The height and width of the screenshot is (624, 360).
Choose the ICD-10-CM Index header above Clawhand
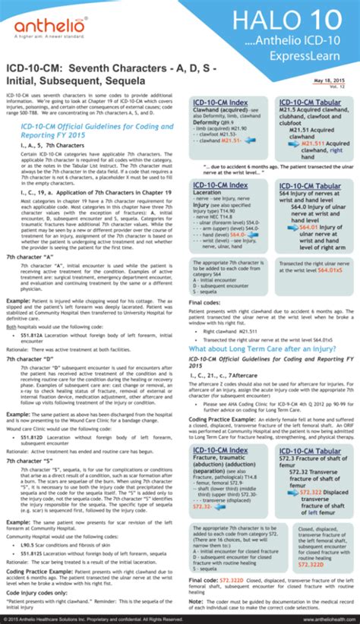click(x=221, y=103)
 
